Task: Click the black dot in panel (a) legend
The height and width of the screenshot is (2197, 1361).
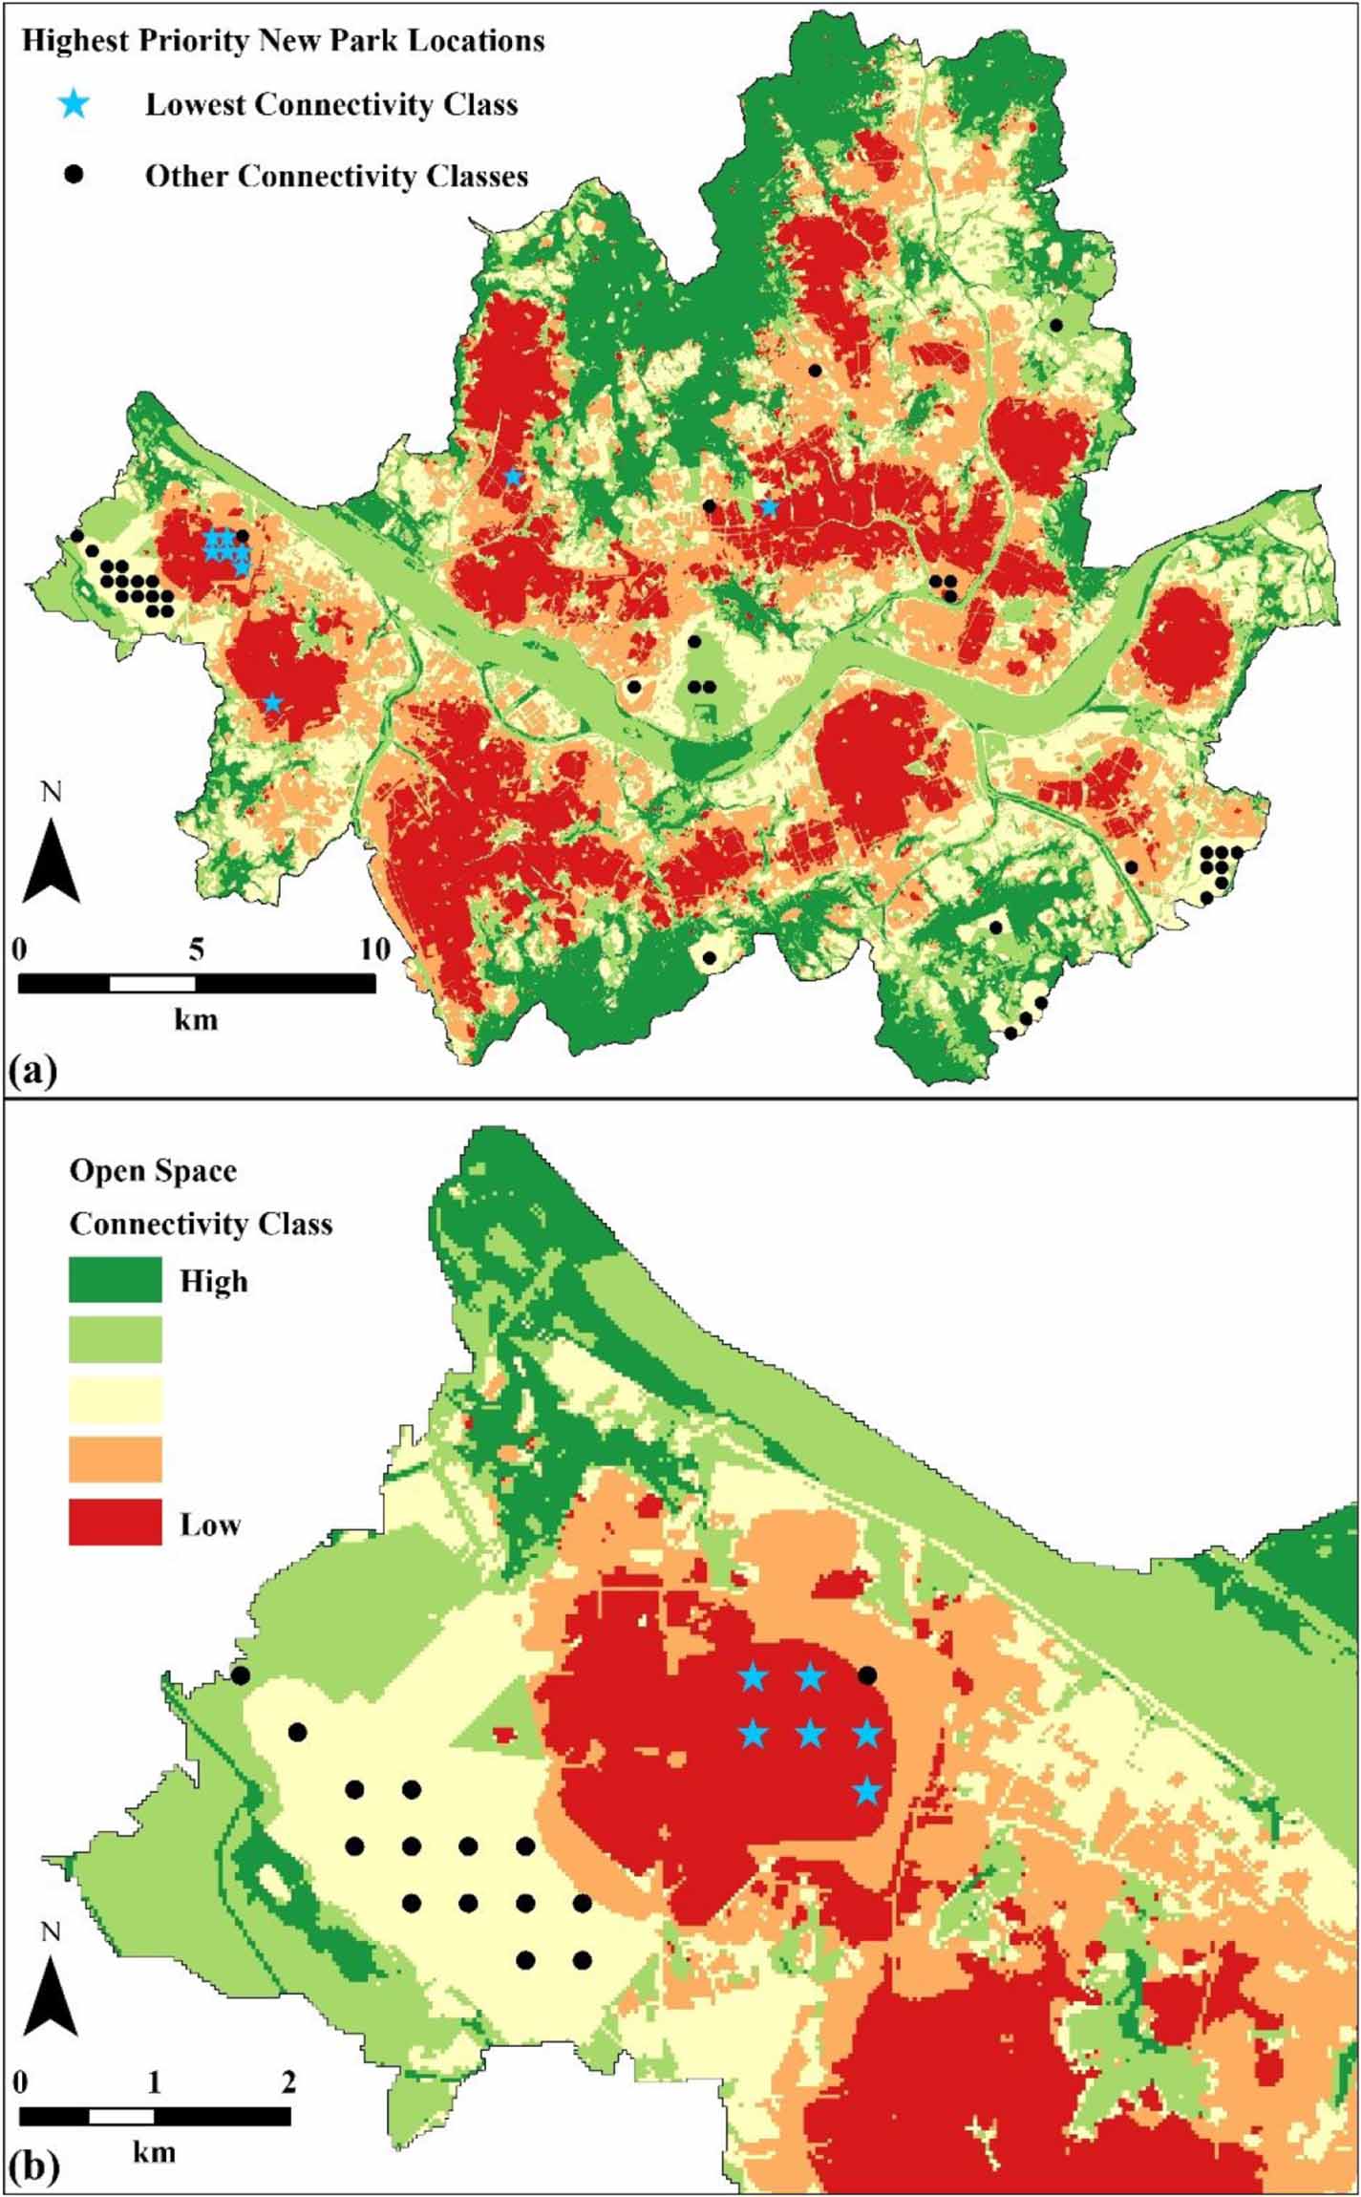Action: pyautogui.click(x=74, y=175)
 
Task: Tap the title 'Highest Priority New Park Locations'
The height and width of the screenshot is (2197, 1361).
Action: pyautogui.click(x=283, y=41)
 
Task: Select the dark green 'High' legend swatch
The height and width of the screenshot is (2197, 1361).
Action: pyautogui.click(x=115, y=1279)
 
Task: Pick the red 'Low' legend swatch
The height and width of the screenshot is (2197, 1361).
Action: pyautogui.click(x=115, y=1522)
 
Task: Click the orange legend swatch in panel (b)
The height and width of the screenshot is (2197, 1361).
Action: pyautogui.click(x=115, y=1460)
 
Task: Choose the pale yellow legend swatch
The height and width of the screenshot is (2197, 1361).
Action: pyautogui.click(x=115, y=1399)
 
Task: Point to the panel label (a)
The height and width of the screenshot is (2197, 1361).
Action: pyautogui.click(x=32, y=1069)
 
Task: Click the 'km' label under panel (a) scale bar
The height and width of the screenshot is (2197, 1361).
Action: pyautogui.click(x=196, y=1019)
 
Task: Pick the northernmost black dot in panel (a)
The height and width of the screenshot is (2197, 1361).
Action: pyautogui.click(x=1056, y=325)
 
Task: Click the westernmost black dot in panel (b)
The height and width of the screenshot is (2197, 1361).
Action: pyautogui.click(x=241, y=1675)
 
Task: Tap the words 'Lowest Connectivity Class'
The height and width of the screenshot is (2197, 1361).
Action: pyautogui.click(x=330, y=104)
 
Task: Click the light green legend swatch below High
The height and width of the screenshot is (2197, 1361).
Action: pyautogui.click(x=115, y=1339)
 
